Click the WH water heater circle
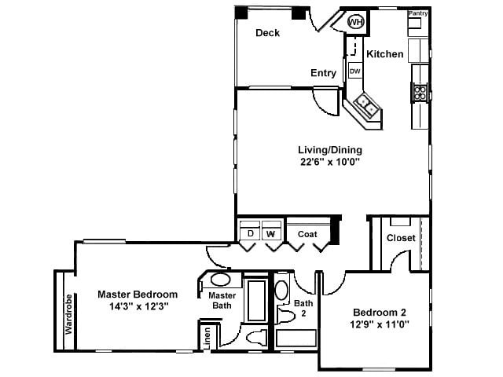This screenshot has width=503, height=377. tap(356, 22)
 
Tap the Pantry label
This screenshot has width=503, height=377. tap(417, 13)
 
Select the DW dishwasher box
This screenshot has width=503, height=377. tap(355, 71)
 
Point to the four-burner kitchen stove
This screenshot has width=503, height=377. tap(420, 93)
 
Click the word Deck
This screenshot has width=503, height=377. tap(268, 33)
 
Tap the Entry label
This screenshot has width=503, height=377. tap(323, 73)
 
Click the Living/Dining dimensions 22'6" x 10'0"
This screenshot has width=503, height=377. tap(330, 163)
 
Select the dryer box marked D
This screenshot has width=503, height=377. tap(250, 233)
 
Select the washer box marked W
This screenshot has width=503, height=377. tap(271, 233)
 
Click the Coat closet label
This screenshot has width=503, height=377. tap(307, 233)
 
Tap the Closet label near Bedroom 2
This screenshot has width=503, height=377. tap(401, 238)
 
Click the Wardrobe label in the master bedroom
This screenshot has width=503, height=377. tap(69, 314)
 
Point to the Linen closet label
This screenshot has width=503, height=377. tap(207, 336)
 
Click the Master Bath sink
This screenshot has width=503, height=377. tap(221, 280)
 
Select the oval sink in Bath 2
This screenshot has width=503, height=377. tap(281, 288)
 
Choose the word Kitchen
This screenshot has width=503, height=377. tap(385, 54)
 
